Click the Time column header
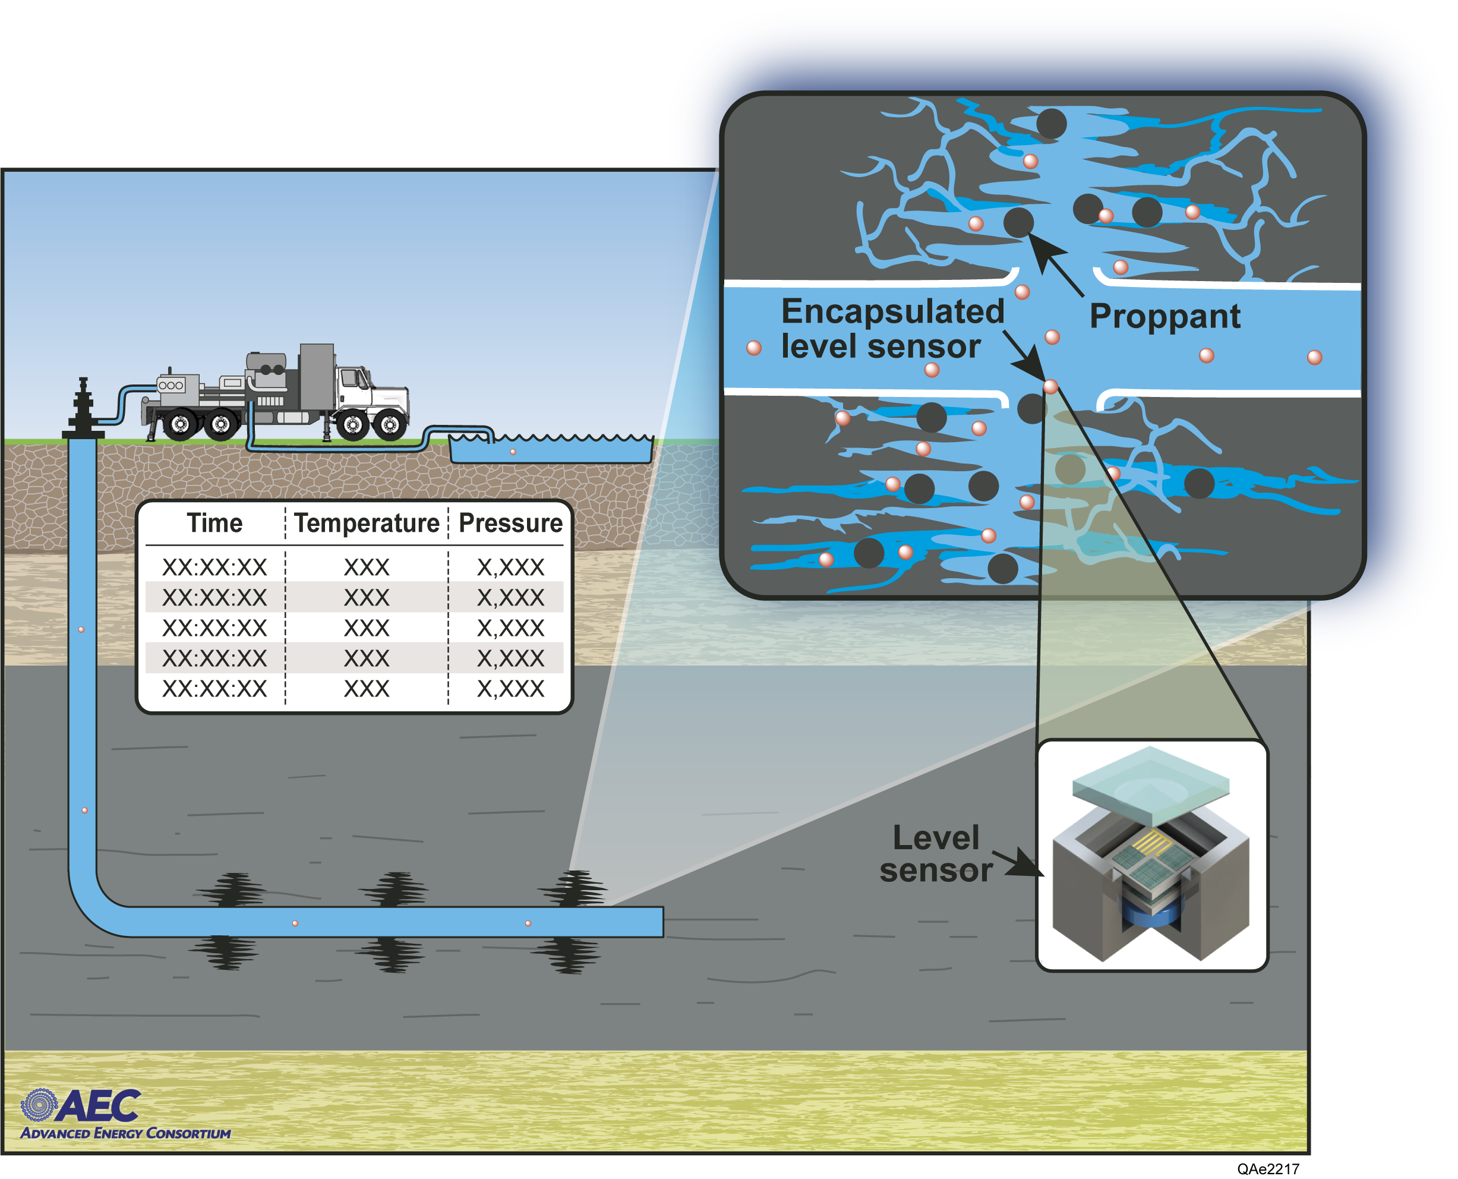pyautogui.click(x=214, y=524)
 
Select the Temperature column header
pyautogui.click(x=367, y=524)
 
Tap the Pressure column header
pyautogui.click(x=511, y=524)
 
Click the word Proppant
pyautogui.click(x=1164, y=317)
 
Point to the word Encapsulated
pyautogui.click(x=892, y=312)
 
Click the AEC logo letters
pyautogui.click(x=99, y=1107)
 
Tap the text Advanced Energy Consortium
pyautogui.click(x=125, y=1133)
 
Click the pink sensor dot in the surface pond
pyautogui.click(x=513, y=452)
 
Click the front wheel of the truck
pyautogui.click(x=390, y=425)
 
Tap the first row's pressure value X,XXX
pyautogui.click(x=511, y=567)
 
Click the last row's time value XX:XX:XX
pyautogui.click(x=214, y=689)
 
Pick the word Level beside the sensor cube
pyautogui.click(x=936, y=838)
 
